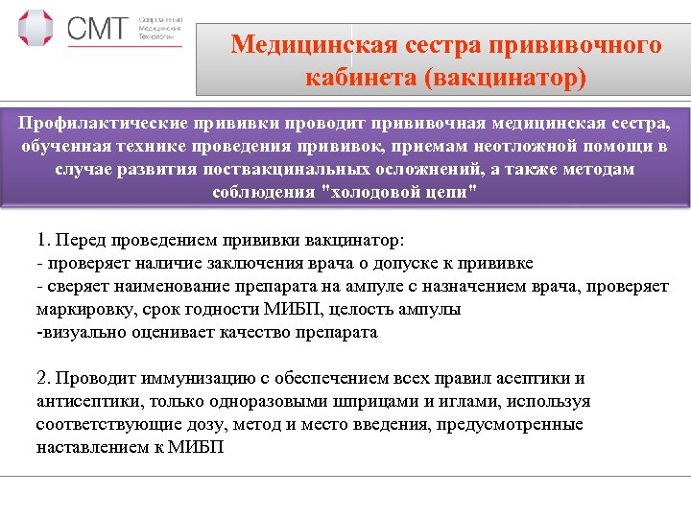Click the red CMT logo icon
(36, 30)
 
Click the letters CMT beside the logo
(96, 29)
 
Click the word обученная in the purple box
(64, 146)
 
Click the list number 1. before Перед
(43, 240)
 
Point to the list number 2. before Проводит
(43, 378)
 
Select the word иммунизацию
(181, 378)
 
